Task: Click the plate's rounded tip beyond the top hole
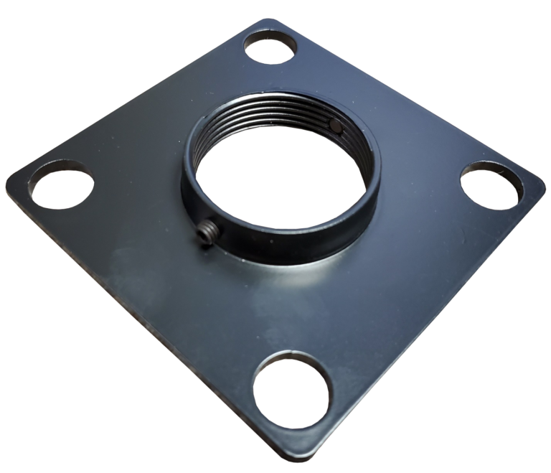pyautogui.click(x=269, y=24)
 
